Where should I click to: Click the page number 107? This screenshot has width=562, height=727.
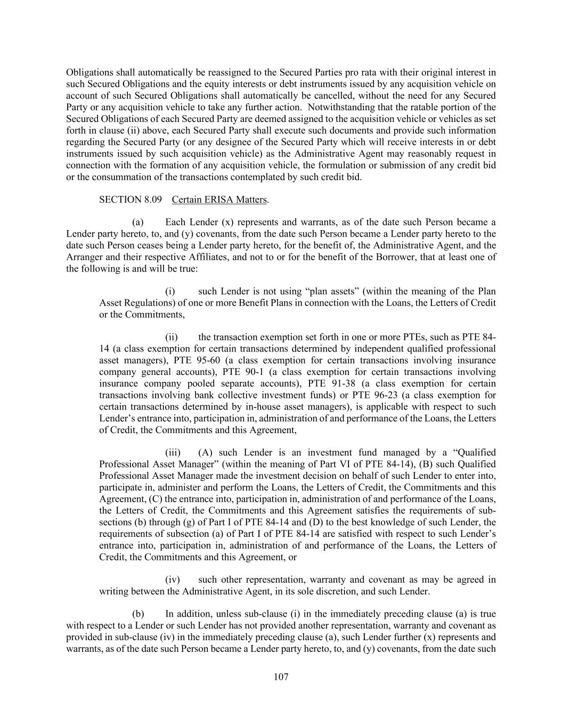click(281, 677)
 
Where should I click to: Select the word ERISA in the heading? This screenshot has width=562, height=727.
click(220, 200)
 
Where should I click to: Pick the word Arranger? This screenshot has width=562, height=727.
click(83, 257)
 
